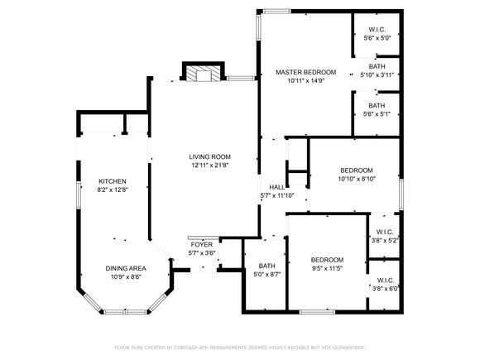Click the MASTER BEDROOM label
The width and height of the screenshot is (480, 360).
coord(306,72)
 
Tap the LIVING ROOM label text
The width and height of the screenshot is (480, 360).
coord(209,157)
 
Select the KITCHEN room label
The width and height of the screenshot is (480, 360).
coord(113,181)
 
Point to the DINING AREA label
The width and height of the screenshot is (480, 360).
coord(126,268)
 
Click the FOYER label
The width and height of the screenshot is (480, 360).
coord(202,245)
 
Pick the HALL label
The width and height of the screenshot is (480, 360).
coord(277,187)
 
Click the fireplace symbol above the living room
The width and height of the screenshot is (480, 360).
coord(204,71)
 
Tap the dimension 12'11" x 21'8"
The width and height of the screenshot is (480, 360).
coord(209,166)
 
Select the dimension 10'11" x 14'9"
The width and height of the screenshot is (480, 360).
coord(306,81)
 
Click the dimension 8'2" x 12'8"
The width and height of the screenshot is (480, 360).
coord(113,190)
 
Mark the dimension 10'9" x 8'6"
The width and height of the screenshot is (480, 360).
coord(126,277)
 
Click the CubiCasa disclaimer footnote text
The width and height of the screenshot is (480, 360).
coord(240,348)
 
